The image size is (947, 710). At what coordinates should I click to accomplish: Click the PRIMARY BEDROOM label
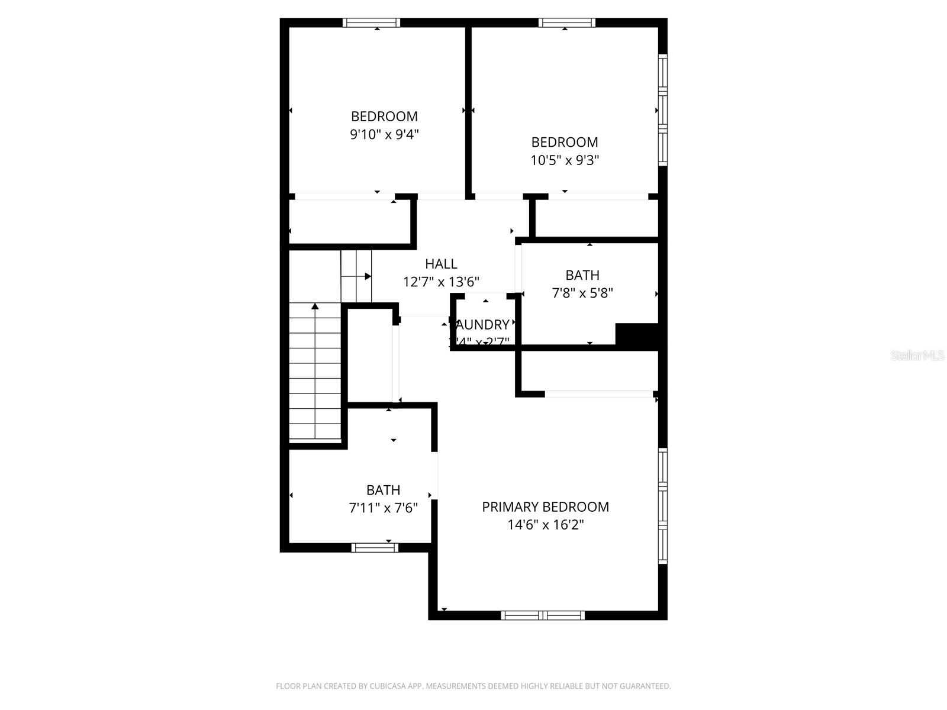click(545, 507)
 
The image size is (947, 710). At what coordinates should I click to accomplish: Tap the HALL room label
click(441, 264)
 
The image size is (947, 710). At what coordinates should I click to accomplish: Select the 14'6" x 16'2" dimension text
click(545, 525)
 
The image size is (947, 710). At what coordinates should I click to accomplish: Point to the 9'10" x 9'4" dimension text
click(384, 134)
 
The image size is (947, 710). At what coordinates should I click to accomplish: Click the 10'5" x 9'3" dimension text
click(565, 160)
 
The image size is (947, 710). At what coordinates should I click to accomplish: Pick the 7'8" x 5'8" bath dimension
click(582, 293)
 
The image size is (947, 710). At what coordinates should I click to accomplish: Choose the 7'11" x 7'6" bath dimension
click(384, 508)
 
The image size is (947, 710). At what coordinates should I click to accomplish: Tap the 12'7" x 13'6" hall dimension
click(441, 282)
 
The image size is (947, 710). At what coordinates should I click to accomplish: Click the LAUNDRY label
click(482, 325)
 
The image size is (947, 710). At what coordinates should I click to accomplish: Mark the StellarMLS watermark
click(917, 355)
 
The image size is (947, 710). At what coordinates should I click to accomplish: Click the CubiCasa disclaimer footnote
click(474, 686)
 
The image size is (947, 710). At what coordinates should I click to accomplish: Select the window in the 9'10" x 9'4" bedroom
click(371, 23)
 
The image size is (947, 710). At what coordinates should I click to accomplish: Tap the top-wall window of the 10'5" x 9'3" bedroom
click(566, 23)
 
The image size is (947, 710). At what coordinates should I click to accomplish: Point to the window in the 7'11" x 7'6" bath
click(375, 547)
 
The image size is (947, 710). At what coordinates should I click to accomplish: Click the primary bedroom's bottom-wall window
click(542, 615)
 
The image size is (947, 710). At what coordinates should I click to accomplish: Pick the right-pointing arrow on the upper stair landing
click(367, 276)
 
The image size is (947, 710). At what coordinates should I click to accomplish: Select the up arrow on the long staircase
click(315, 306)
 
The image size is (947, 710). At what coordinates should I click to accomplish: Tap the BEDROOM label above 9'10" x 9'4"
click(384, 117)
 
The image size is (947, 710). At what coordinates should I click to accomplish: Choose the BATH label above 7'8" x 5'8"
click(582, 275)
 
